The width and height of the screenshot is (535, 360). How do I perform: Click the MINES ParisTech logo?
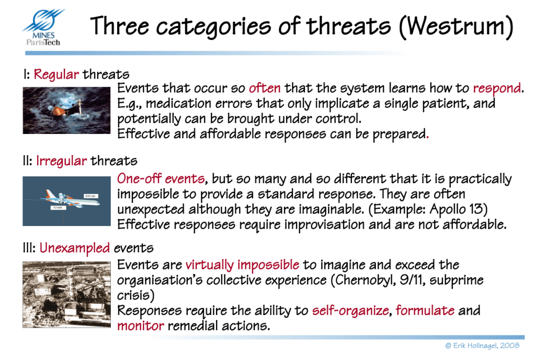pyautogui.click(x=43, y=28)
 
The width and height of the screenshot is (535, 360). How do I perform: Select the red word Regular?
pyautogui.click(x=56, y=74)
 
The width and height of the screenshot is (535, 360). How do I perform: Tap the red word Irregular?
pyautogui.click(x=61, y=161)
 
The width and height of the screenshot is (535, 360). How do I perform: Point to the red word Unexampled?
pyautogui.click(x=75, y=248)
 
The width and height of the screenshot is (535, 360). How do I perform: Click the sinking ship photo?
pyautogui.click(x=66, y=110)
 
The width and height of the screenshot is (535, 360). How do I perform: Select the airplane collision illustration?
pyautogui.click(x=66, y=201)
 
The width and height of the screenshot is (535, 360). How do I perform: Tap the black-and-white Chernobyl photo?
pyautogui.click(x=66, y=295)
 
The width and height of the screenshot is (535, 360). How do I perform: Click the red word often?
pyautogui.click(x=265, y=88)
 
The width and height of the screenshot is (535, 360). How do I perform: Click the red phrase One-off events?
pyautogui.click(x=161, y=178)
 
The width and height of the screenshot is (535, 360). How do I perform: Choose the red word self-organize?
pyautogui.click(x=350, y=311)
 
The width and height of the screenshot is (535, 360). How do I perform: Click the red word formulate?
pyautogui.click(x=425, y=310)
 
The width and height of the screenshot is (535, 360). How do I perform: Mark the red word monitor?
pyautogui.click(x=141, y=326)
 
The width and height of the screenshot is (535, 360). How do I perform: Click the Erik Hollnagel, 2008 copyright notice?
pyautogui.click(x=483, y=346)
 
